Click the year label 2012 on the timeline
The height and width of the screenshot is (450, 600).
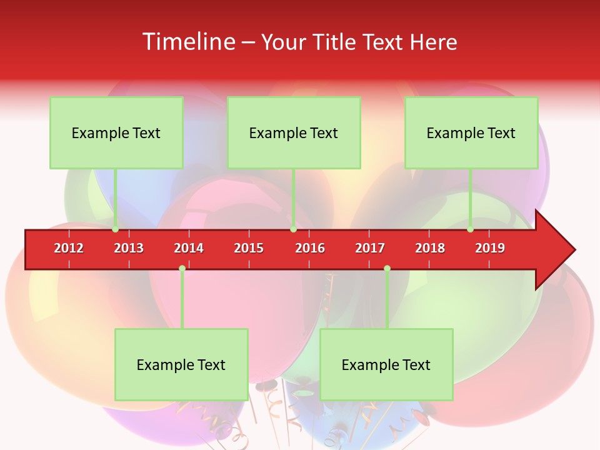point(69,248)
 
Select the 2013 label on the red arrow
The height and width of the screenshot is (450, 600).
point(129,248)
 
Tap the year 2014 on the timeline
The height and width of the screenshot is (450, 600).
point(189,248)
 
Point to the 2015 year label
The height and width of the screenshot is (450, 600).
point(249,248)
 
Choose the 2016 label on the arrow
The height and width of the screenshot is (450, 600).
point(310,248)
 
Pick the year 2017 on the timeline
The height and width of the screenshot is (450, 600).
point(370,248)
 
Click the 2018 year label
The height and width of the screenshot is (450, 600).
point(430,248)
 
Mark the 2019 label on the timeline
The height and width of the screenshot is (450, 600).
point(490,248)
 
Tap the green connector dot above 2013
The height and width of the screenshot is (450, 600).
point(115,229)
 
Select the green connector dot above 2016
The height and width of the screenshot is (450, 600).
point(293,229)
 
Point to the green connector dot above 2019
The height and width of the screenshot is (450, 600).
point(470,229)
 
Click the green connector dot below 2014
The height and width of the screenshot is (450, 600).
point(182,269)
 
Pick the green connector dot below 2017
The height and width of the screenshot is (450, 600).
point(387,269)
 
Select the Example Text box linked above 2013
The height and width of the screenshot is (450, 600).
point(116,132)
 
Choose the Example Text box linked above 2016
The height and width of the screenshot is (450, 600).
point(294,132)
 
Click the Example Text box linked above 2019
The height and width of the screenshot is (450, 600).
point(471,132)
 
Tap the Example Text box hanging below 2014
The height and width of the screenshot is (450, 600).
point(181,364)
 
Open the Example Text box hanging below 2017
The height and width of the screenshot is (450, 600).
point(386,364)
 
